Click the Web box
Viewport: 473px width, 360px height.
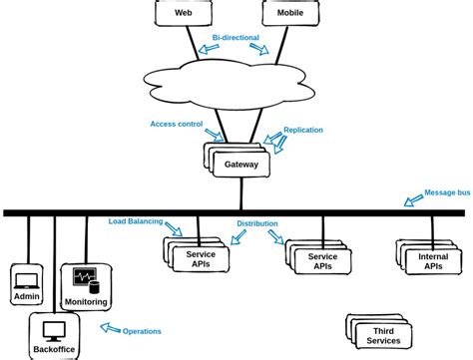tap(183, 13)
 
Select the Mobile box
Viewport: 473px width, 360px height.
tap(290, 13)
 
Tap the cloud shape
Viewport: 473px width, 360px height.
tap(229, 85)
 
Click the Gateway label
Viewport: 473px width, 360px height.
tap(241, 165)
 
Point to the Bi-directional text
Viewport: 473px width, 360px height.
tap(236, 38)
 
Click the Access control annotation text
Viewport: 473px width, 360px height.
tap(177, 124)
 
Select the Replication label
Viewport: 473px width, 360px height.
tap(303, 130)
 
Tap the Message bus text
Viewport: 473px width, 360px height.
tap(447, 192)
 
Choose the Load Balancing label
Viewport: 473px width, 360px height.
tap(136, 221)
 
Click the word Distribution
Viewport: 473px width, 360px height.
tap(257, 223)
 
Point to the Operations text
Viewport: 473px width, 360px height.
tap(142, 331)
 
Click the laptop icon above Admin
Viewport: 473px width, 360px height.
tap(27, 281)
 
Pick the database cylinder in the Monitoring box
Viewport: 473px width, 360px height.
tap(94, 287)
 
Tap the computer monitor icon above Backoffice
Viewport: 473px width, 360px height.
tap(54, 332)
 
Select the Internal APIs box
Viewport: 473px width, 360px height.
tap(429, 257)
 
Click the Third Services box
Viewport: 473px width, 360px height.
tap(379, 331)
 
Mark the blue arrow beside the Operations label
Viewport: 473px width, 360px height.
tap(111, 328)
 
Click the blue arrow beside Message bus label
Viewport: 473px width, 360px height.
tap(413, 200)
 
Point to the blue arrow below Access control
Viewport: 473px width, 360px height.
tap(215, 135)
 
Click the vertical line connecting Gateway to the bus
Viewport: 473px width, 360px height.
tap(241, 193)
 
